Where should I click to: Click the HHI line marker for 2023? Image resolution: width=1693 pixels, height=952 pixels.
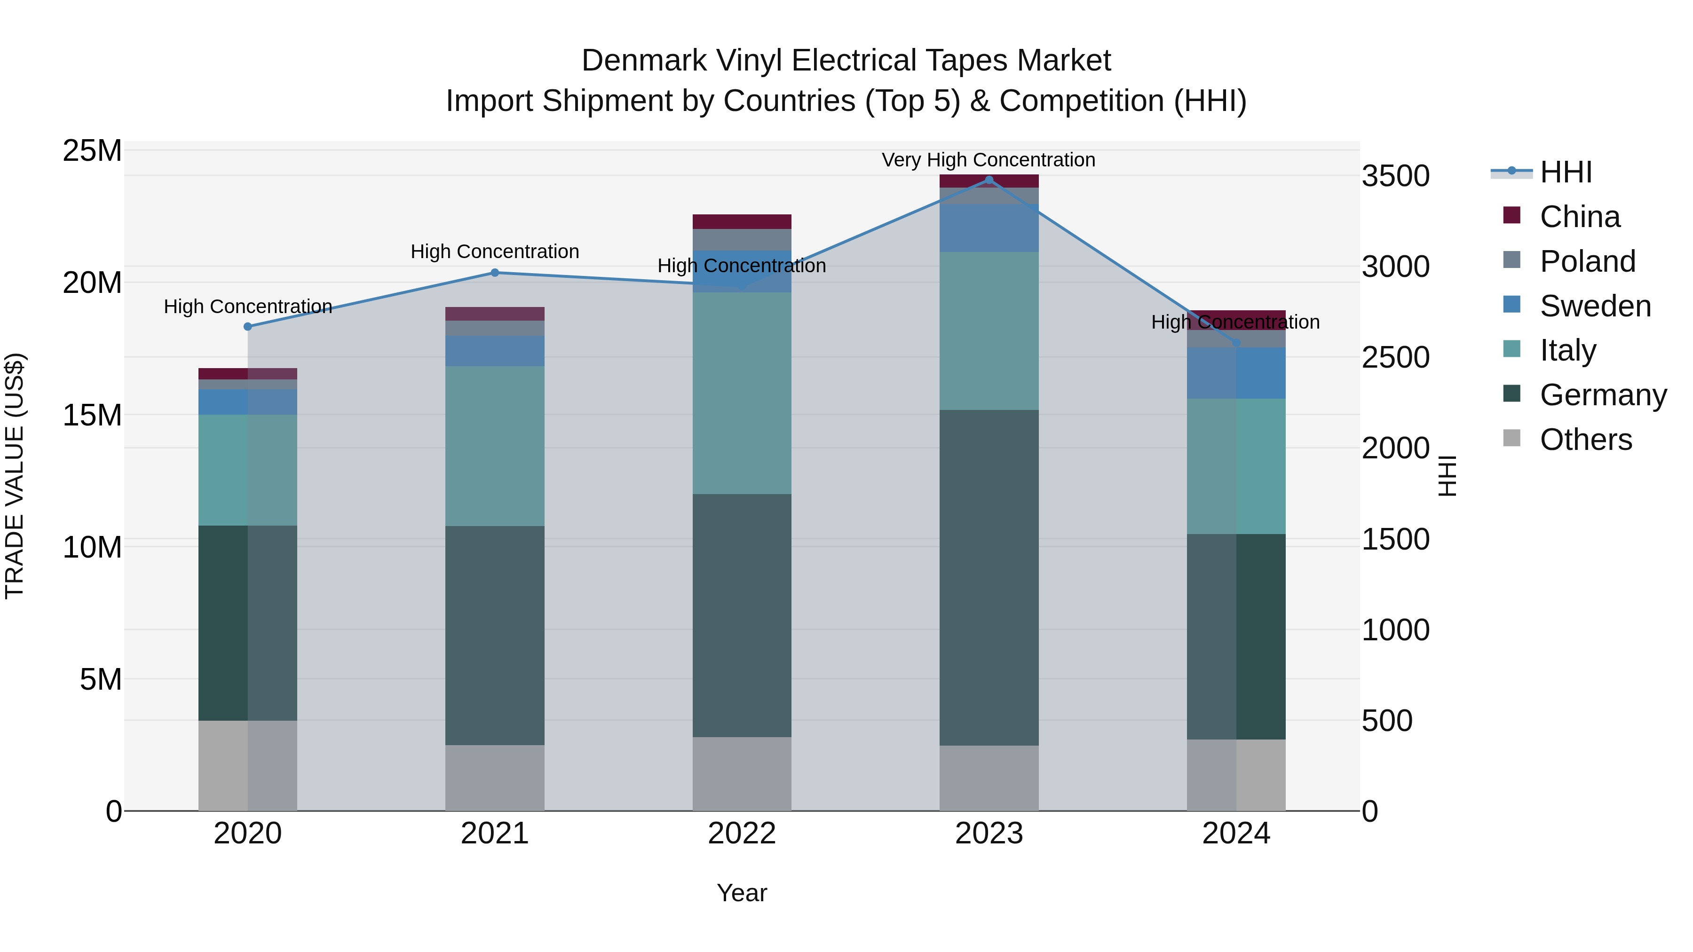click(x=989, y=180)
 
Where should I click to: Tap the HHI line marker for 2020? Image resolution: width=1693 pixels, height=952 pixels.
click(x=248, y=327)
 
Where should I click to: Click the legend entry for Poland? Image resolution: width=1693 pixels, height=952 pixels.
click(x=1587, y=261)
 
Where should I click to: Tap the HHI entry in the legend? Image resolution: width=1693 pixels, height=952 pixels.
click(x=1566, y=172)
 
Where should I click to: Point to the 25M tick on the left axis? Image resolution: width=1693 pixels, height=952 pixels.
click(x=92, y=151)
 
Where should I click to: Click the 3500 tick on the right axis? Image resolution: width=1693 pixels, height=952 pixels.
click(x=1395, y=176)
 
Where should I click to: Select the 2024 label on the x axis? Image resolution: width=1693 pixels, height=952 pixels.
click(x=1235, y=834)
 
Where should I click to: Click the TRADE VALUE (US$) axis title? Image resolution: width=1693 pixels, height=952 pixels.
click(x=15, y=476)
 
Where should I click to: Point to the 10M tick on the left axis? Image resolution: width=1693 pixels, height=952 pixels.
click(x=92, y=547)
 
